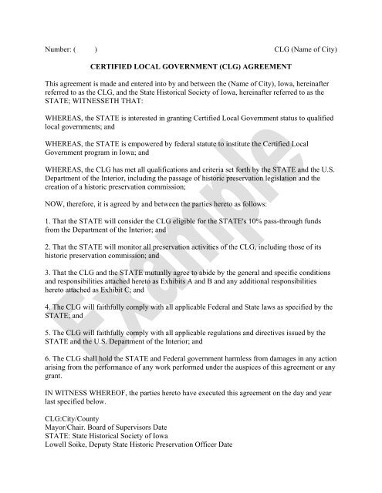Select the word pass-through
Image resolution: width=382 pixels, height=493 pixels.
(284, 226)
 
